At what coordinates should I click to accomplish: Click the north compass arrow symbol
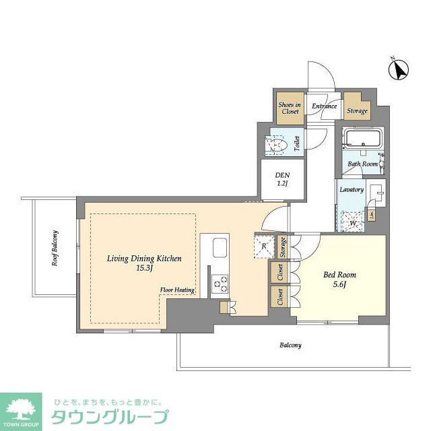(401, 69)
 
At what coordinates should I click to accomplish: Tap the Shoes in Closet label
(289, 108)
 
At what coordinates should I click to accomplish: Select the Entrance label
(324, 106)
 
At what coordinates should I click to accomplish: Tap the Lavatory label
(352, 190)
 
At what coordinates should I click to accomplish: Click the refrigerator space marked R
(263, 246)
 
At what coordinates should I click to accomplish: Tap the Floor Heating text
(177, 290)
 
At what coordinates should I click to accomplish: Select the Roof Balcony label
(55, 248)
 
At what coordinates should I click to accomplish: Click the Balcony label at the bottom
(291, 345)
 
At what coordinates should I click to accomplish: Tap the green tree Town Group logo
(22, 406)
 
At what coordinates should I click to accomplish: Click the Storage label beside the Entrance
(358, 110)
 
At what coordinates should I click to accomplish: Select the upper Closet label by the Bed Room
(279, 272)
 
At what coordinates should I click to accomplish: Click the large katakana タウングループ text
(110, 416)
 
